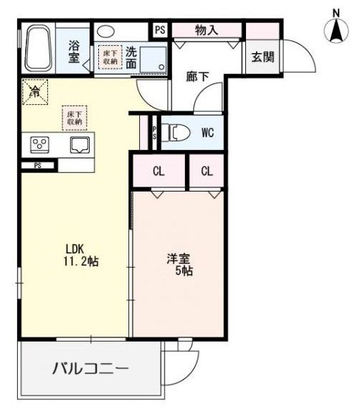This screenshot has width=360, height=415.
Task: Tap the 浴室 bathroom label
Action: click(x=75, y=51)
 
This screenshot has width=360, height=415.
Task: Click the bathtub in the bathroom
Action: click(x=37, y=47)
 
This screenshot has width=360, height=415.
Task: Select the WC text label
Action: click(x=208, y=132)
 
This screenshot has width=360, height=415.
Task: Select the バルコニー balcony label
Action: click(x=90, y=370)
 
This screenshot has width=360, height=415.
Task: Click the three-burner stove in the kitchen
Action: click(x=39, y=144)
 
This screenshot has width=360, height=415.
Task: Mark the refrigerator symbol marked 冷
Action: click(x=34, y=90)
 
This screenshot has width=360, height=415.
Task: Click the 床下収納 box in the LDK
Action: click(x=75, y=118)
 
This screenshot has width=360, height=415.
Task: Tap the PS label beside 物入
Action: click(x=159, y=29)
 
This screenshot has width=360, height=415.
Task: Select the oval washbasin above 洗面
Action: click(x=106, y=31)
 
